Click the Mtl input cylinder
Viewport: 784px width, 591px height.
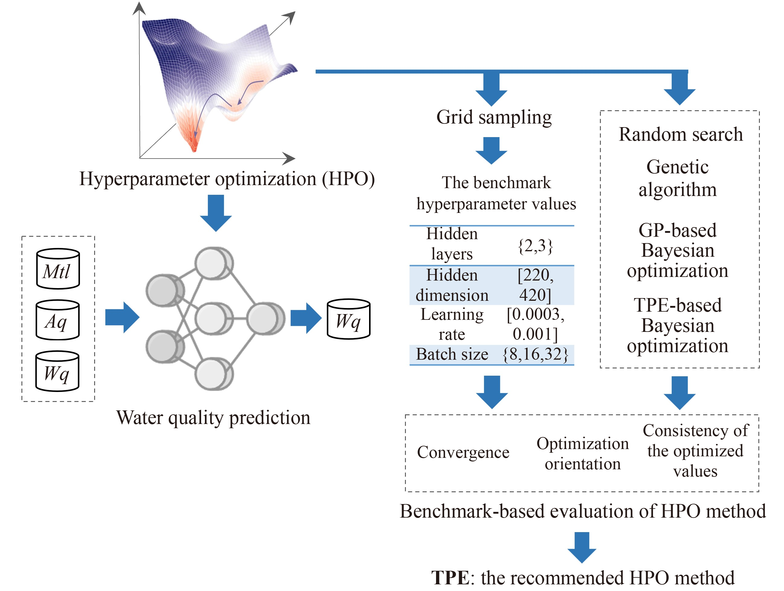tap(58, 268)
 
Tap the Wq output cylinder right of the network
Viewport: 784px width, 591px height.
tap(349, 319)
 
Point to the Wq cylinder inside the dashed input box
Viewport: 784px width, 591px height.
tap(57, 371)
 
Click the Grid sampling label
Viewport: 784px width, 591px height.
tap(494, 117)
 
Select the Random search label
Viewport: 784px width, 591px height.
tap(680, 134)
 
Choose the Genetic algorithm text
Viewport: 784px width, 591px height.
tap(677, 178)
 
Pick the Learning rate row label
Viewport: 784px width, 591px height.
tap(451, 324)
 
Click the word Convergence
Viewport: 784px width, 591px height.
tap(463, 452)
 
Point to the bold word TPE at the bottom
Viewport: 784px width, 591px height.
tap(450, 577)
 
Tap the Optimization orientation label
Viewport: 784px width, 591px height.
tap(582, 453)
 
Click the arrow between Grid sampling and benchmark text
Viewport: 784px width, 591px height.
tap(491, 150)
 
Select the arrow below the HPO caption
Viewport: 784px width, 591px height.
tap(216, 213)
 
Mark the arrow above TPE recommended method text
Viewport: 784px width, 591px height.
tap(582, 547)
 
